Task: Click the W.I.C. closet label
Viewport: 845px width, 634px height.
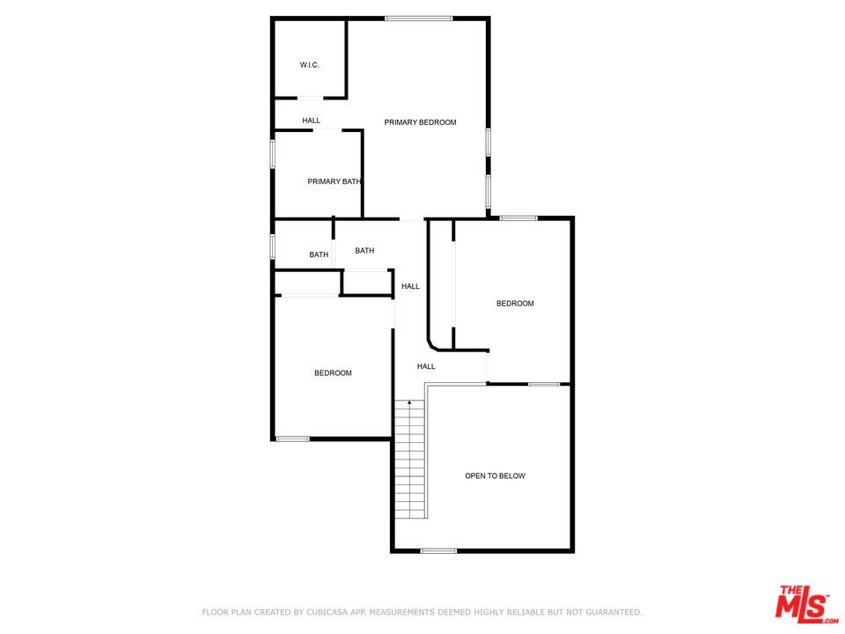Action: pyautogui.click(x=309, y=65)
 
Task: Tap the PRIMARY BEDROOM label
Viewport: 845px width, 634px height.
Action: pyautogui.click(x=420, y=122)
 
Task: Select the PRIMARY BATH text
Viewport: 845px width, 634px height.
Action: pyautogui.click(x=334, y=181)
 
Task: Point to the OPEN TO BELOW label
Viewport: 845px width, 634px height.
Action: pyautogui.click(x=495, y=475)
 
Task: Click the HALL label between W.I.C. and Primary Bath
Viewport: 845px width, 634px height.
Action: pyautogui.click(x=311, y=121)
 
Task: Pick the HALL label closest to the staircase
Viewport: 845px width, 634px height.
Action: pyautogui.click(x=426, y=366)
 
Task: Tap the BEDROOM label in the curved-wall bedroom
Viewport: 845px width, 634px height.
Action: pyautogui.click(x=515, y=304)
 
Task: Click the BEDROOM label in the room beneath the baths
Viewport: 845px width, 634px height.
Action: pyautogui.click(x=333, y=373)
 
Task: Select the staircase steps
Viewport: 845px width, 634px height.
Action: pyautogui.click(x=409, y=462)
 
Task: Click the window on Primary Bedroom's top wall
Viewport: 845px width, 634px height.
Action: pyautogui.click(x=418, y=18)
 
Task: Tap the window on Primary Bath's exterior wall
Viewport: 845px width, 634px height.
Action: pyautogui.click(x=273, y=153)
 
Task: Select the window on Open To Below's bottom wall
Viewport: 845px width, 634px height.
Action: pyautogui.click(x=438, y=551)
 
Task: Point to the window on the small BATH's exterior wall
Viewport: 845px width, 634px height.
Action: pyautogui.click(x=273, y=246)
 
